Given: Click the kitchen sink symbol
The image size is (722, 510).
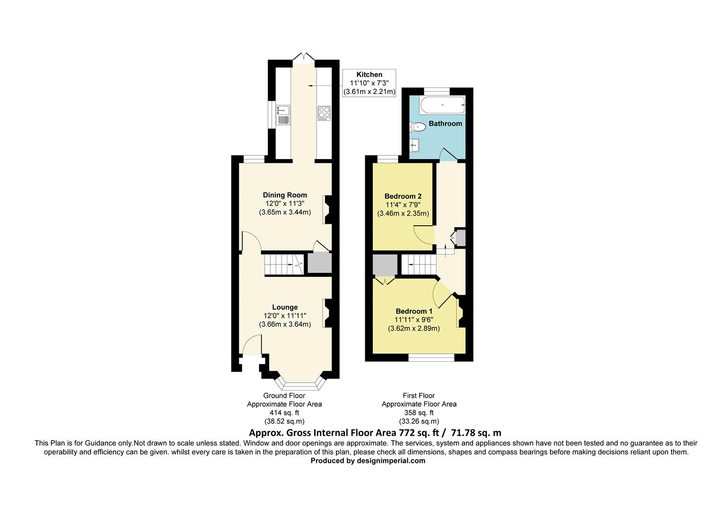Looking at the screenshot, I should click(x=283, y=114).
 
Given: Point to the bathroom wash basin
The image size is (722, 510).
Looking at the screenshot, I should click(x=415, y=145).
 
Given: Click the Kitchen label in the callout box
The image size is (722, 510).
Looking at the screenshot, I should click(x=369, y=75).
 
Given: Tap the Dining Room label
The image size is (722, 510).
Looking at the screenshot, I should click(x=284, y=195).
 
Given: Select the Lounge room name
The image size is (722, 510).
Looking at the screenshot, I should click(x=284, y=307).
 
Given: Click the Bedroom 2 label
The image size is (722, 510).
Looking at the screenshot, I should click(x=403, y=196).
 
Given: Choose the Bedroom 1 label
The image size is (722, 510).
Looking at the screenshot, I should click(x=414, y=312).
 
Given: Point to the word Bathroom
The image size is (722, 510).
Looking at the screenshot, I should click(x=445, y=124).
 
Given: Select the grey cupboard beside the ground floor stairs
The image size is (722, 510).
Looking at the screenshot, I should click(x=319, y=263).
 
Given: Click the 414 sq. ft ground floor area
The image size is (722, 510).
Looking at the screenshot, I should click(x=284, y=413).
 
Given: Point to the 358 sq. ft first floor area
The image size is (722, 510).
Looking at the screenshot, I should click(x=419, y=413).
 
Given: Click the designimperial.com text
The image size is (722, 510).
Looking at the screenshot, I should click(x=391, y=461).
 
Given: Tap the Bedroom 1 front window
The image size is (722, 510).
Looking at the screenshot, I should click(x=431, y=358).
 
